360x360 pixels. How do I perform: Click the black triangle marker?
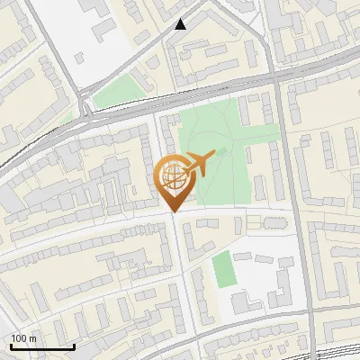click(x=181, y=24)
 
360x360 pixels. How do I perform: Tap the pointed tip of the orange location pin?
click(x=173, y=212)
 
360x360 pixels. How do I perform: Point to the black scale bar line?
click(x=42, y=347)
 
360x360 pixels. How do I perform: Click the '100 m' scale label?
click(x=24, y=338)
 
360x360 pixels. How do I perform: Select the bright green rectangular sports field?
click(x=222, y=268)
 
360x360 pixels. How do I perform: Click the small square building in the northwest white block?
click(x=79, y=57)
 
